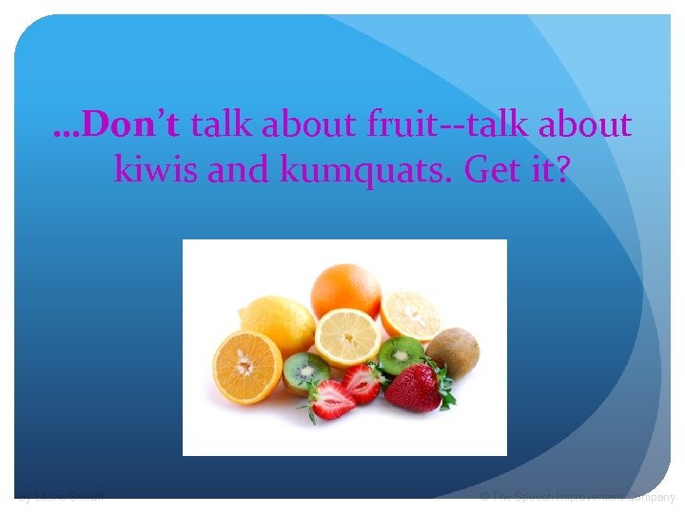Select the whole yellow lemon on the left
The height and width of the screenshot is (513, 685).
277,322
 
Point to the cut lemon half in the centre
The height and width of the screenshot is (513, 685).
347,336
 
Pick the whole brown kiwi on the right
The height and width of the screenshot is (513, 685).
454,351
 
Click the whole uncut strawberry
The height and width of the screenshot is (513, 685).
413,388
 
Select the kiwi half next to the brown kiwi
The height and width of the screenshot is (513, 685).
401,354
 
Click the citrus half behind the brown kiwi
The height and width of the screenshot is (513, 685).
410,314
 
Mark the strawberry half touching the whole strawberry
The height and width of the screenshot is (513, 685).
362,383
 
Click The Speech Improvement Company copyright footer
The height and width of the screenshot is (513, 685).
577,497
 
